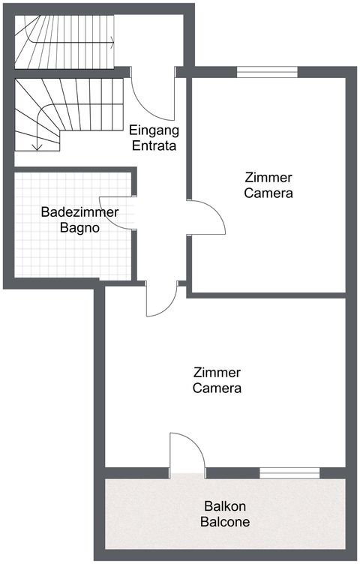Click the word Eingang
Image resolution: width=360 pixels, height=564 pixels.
pyautogui.click(x=154, y=128)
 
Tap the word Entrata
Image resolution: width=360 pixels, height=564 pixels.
pyautogui.click(x=154, y=145)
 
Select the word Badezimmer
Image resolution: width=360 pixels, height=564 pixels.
pyautogui.click(x=79, y=212)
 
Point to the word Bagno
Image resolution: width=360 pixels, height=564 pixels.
pyautogui.click(x=79, y=228)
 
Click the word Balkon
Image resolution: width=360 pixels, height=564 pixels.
pyautogui.click(x=225, y=505)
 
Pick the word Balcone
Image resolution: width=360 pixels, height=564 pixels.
pyautogui.click(x=225, y=521)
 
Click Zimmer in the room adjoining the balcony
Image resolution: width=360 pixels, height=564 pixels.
pyautogui.click(x=217, y=373)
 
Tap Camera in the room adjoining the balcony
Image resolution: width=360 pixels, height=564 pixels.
pyautogui.click(x=217, y=388)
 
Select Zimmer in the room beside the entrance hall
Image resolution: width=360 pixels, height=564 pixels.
pyautogui.click(x=268, y=177)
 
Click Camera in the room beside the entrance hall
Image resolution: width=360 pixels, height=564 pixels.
pyautogui.click(x=268, y=193)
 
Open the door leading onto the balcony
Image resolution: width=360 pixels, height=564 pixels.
pyautogui.click(x=187, y=453)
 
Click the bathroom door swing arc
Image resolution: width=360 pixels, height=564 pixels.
pyautogui.click(x=123, y=213)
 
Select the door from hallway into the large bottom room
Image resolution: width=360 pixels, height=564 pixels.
pyautogui.click(x=160, y=300)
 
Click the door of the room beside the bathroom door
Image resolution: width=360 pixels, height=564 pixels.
pyautogui.click(x=206, y=218)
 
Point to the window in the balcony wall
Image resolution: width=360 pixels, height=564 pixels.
pyautogui.click(x=289, y=472)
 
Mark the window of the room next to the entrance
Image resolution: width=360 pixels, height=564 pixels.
pyautogui.click(x=267, y=72)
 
